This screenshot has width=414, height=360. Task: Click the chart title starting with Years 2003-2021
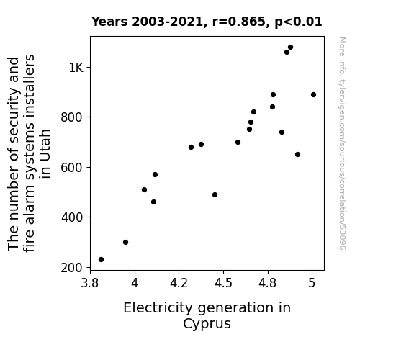[207, 22]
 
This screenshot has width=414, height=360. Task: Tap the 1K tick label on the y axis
[76, 68]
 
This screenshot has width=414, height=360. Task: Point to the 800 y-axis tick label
[72, 117]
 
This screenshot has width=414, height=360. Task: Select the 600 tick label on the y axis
[72, 167]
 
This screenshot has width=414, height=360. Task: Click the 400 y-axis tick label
[72, 217]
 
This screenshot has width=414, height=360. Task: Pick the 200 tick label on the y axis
[72, 268]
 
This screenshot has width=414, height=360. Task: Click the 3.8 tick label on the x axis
[90, 283]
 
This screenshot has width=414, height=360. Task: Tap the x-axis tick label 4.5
[223, 283]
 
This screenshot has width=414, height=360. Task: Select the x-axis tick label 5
[312, 283]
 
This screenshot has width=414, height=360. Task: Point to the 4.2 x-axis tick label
[179, 283]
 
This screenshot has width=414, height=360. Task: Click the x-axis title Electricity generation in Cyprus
[207, 315]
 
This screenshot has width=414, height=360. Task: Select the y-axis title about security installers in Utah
[29, 153]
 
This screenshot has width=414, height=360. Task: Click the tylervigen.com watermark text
[342, 143]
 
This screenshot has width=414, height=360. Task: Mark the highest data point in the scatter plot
[290, 48]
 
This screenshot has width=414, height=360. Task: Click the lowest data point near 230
[101, 260]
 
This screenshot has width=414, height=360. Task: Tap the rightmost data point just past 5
[313, 95]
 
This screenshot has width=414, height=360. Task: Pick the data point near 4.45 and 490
[215, 195]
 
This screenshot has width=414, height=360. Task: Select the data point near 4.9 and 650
[297, 155]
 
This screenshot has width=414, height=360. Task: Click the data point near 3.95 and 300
[126, 242]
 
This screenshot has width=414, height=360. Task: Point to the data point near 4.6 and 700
[238, 143]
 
